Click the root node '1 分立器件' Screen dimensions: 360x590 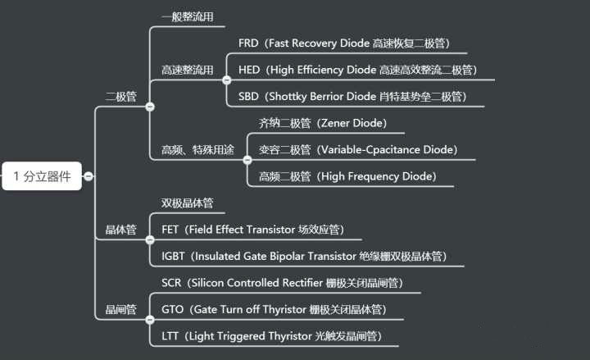[42, 175]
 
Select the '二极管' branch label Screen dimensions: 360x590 [121, 96]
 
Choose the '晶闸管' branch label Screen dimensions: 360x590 [121, 310]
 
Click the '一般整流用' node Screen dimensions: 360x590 [188, 16]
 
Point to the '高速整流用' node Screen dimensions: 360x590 [188, 70]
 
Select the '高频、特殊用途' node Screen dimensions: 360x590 [197, 150]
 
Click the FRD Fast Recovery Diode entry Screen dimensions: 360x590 [343, 43]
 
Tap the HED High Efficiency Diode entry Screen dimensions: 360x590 [357, 70]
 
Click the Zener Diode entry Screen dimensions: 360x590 [322, 124]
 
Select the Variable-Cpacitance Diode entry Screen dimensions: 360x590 [357, 150]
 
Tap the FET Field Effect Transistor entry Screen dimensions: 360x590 [252, 230]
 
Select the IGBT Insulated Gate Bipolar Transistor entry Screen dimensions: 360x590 [304, 257]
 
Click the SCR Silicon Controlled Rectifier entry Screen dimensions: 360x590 [281, 284]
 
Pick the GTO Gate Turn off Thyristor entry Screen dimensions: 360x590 [273, 310]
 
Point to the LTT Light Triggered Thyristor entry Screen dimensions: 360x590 [271, 336]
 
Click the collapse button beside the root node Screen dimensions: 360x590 [88, 175]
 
